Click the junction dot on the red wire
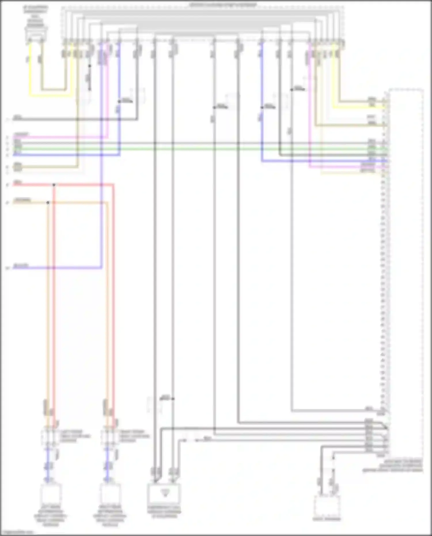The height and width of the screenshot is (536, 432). click(54, 185)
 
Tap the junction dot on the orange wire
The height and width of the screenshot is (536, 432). click(48, 202)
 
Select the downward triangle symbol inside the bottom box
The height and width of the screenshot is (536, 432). click(165, 493)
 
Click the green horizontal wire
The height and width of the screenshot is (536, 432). click(202, 149)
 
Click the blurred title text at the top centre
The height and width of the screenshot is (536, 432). click(222, 5)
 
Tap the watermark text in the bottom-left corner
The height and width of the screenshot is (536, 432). click(17, 532)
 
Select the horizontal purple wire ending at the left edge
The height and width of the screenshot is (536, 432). click(58, 268)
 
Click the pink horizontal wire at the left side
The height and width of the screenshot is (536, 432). click(58, 137)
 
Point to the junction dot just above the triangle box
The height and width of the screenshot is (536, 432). click(173, 399)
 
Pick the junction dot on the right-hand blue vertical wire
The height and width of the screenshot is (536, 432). click(262, 107)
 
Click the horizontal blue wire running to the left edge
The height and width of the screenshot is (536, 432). click(66, 155)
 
